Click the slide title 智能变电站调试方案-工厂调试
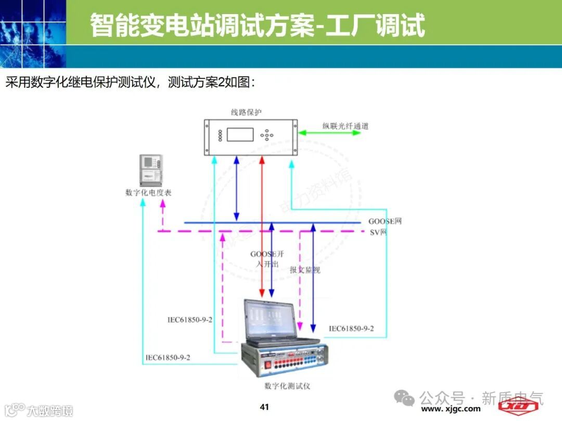tap(258, 24)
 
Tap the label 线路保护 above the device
tap(246, 112)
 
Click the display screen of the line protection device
tap(240, 134)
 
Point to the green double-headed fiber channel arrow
tap(329, 133)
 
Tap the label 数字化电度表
tap(149, 192)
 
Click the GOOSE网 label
tap(385, 221)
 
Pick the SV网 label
tap(378, 232)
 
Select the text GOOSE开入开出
tap(267, 259)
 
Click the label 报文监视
tap(305, 270)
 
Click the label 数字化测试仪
tap(287, 386)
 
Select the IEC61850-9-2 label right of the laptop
tap(351, 328)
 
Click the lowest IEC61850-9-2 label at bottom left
tap(168, 358)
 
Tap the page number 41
tap(264, 406)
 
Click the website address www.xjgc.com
tap(451, 409)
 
